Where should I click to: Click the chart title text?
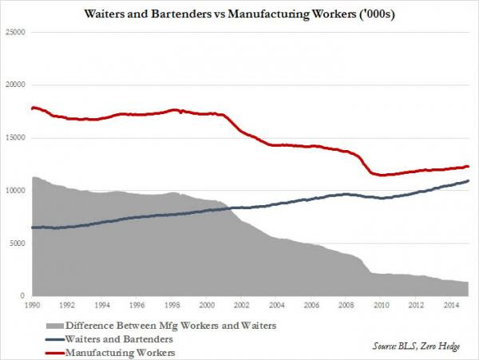pos(239,14)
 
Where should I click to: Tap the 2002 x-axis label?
pos(241,305)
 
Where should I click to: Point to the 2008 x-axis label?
pos(346,305)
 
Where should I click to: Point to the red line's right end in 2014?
pos(467,166)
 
